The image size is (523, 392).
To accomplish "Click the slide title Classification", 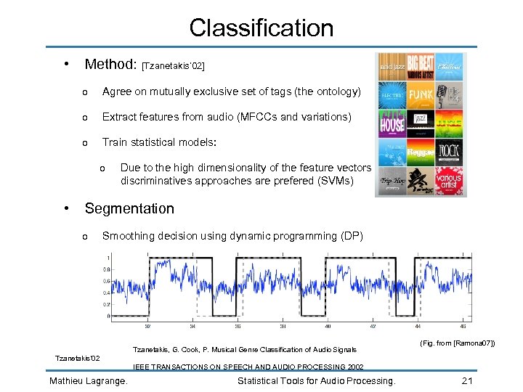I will point(261,28).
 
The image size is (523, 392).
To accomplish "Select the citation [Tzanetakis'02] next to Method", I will point(174,67).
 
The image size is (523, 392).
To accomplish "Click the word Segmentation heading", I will point(129,208).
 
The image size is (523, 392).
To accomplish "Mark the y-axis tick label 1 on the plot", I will point(109,258).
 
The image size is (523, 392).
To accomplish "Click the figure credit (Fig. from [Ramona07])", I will point(458,343).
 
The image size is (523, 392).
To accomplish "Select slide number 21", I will point(468,381).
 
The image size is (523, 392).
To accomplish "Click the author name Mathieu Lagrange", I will point(89,381).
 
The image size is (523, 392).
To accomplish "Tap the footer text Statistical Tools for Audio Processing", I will point(317,381).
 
